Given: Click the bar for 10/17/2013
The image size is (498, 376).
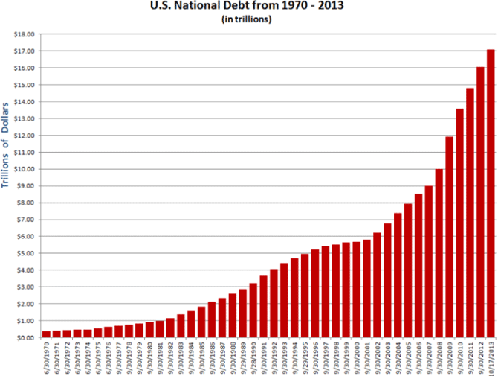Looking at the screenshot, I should (x=491, y=194).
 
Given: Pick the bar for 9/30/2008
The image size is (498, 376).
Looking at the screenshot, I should (x=439, y=253).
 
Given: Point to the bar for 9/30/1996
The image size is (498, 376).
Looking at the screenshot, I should (x=315, y=293).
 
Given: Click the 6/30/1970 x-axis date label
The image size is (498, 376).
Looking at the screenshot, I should (x=47, y=357).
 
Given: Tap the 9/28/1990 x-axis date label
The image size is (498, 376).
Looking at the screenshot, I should (x=253, y=357).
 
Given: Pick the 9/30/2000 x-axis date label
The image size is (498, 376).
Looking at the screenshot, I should (x=357, y=357).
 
